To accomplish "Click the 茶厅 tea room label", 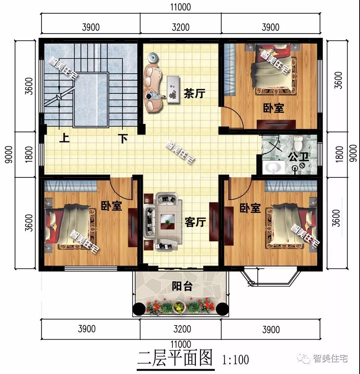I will (x=194, y=93).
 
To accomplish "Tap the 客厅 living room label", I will (x=195, y=222).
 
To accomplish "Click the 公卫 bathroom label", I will (x=298, y=157).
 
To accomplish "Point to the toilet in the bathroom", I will (x=298, y=143).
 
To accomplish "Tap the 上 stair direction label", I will (x=64, y=138).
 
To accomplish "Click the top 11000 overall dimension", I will (x=180, y=7).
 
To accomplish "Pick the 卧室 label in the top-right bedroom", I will (x=273, y=108).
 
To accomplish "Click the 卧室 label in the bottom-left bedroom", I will (x=111, y=206).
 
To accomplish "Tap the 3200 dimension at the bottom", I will (x=180, y=329).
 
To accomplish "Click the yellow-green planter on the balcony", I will (x=178, y=307).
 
